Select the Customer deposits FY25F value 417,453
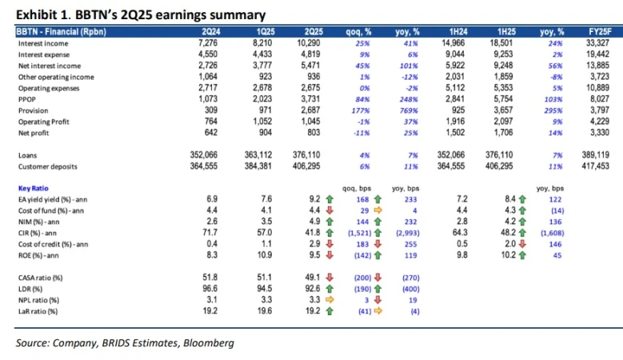601,166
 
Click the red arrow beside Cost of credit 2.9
328,243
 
